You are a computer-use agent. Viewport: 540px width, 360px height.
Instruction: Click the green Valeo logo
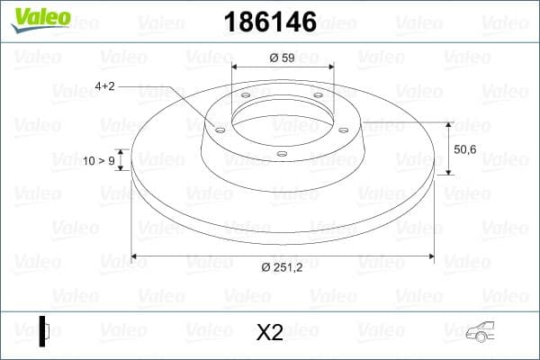[x=39, y=18]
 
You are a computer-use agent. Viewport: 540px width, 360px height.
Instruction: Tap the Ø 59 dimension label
[x=282, y=58]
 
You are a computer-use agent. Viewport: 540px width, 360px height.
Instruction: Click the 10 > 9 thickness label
[x=98, y=161]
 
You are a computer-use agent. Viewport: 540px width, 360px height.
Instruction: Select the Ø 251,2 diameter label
[x=282, y=266]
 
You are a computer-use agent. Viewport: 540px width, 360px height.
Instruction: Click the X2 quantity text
[x=269, y=332]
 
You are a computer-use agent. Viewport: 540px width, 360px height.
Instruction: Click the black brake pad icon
[x=43, y=330]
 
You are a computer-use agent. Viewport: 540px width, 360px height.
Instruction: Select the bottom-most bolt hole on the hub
[x=281, y=154]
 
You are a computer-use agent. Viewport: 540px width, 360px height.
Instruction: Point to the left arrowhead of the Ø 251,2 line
[x=135, y=257]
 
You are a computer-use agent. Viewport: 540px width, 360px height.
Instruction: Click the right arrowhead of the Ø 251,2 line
[x=431, y=257]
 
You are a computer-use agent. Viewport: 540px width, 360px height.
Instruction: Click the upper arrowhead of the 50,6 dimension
[x=448, y=125]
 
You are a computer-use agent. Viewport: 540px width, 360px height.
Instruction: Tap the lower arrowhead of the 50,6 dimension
[x=448, y=170]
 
